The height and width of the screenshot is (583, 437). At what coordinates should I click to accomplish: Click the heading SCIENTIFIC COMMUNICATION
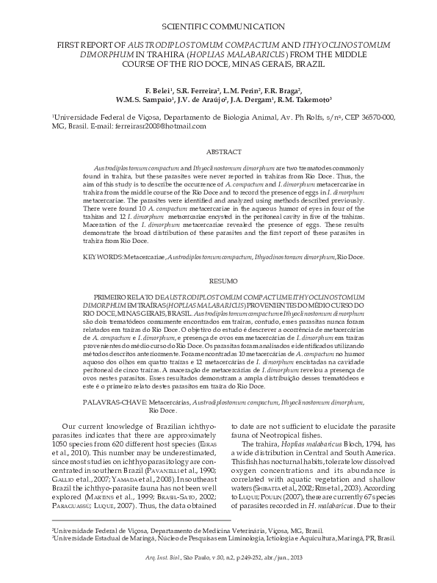[x=218, y=26]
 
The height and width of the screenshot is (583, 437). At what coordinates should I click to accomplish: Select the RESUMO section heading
[x=219, y=281]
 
